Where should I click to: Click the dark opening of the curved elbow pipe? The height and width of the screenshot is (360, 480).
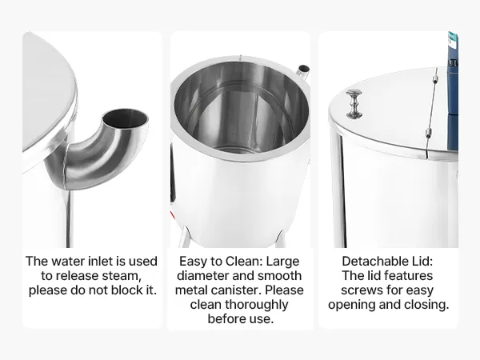coord(125,118)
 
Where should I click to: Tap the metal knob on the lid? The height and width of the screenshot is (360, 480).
coord(354,103)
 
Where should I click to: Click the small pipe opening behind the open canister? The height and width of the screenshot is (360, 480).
coord(304,69)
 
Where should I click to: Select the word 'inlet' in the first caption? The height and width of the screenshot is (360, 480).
coord(101,261)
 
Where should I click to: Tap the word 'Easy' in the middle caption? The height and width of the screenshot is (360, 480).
coord(192,262)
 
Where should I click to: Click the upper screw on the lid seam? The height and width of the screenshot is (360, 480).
coord(434,78)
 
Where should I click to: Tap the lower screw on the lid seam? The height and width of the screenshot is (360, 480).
coord(429,134)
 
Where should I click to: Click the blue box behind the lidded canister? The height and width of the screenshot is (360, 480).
coord(453,91)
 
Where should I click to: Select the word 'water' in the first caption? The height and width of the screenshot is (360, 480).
coord(68,261)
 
